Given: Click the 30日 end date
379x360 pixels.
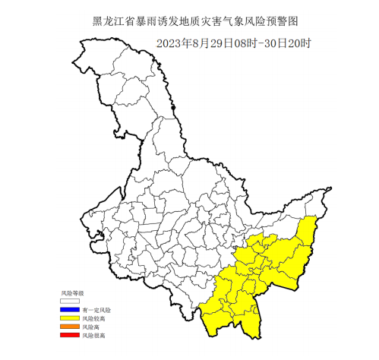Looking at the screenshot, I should pyautogui.click(x=260, y=43).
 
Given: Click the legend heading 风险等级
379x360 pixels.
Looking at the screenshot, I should pyautogui.click(x=72, y=292).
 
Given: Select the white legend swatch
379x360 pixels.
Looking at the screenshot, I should pyautogui.click(x=69, y=302).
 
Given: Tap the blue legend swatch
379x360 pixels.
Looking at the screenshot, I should pyautogui.click(x=69, y=310).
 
